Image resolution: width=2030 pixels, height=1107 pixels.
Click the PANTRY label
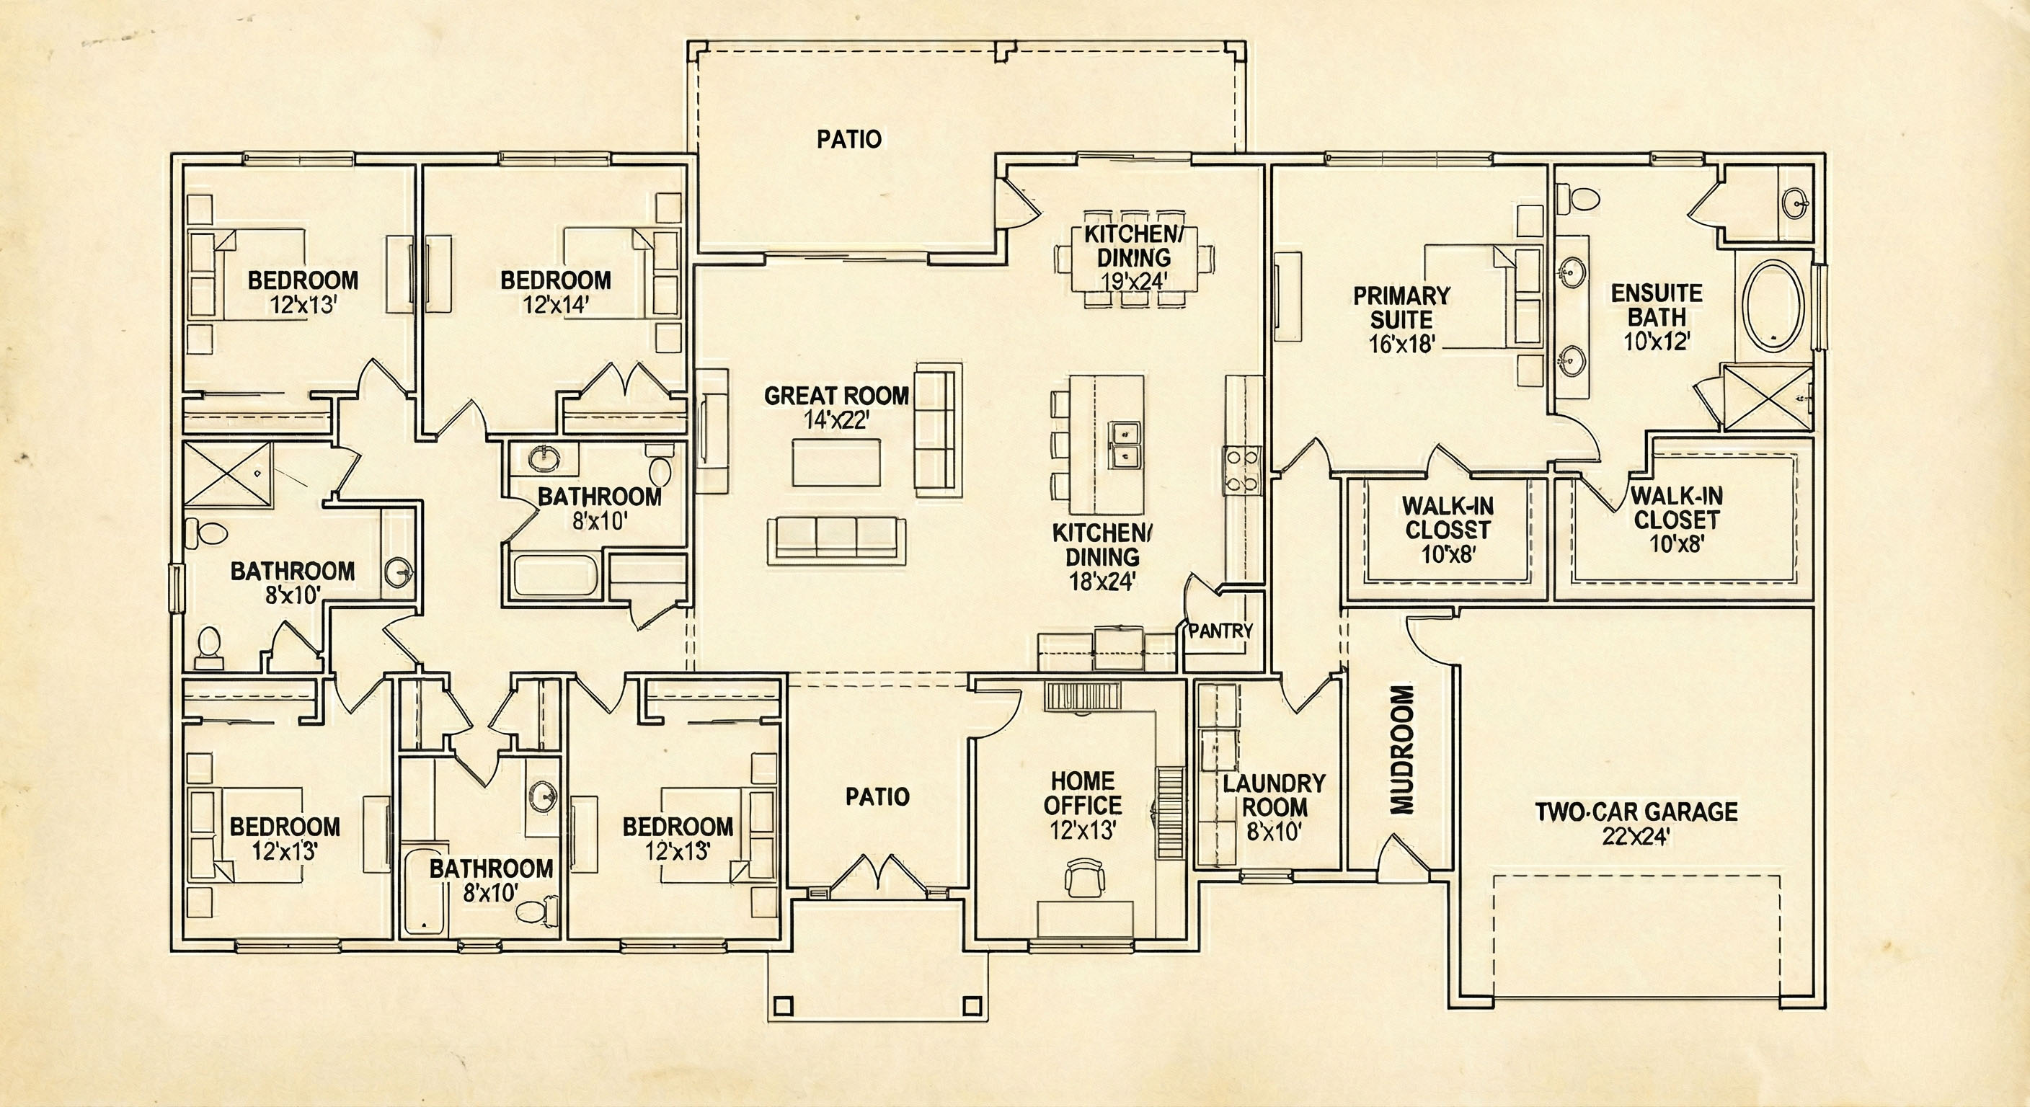[x=1220, y=631]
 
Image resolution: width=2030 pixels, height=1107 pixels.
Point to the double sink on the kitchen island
[x=1125, y=445]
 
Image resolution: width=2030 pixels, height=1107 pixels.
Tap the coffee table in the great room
[x=836, y=463]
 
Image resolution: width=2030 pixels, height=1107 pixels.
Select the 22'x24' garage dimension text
[x=1636, y=837]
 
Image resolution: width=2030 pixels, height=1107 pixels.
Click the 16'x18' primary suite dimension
[x=1402, y=344]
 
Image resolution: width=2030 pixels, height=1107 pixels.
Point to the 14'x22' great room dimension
[x=836, y=420]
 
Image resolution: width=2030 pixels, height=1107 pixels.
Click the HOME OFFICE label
[x=1083, y=793]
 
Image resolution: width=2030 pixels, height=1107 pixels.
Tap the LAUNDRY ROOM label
[x=1275, y=795]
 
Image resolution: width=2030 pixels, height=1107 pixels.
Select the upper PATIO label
[x=848, y=140]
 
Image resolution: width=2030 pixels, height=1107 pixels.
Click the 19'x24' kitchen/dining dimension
[x=1134, y=281]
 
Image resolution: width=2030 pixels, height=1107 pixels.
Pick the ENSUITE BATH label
[x=1657, y=305]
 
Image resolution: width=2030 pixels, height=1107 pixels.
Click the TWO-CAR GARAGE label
[x=1636, y=812]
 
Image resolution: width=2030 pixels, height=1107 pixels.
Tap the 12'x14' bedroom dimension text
[x=557, y=305]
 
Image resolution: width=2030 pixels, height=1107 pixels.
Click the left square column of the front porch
[x=783, y=1005]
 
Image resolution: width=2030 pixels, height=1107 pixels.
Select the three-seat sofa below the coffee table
[x=836, y=541]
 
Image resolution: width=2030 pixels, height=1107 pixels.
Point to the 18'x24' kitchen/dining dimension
[x=1102, y=582]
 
